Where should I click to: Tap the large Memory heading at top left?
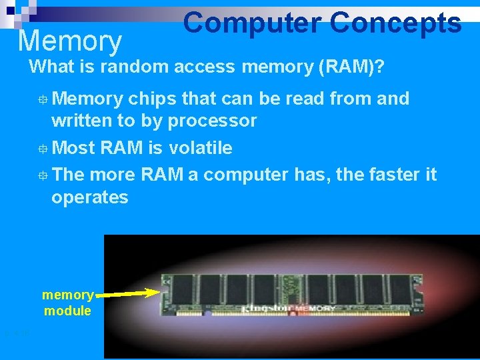coord(69,41)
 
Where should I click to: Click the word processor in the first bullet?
coord(212,121)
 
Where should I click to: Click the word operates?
coord(89,197)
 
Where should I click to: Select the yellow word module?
coord(67,311)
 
